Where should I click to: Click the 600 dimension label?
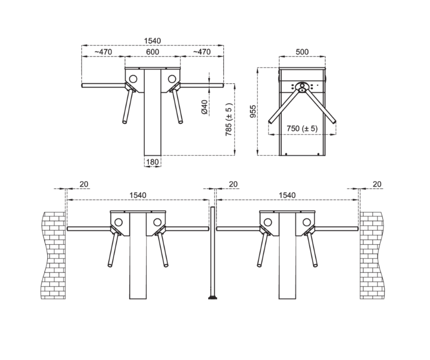(x=152, y=52)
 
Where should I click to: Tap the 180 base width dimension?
(x=152, y=162)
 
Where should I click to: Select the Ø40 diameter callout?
(x=204, y=107)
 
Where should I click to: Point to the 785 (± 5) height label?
(x=229, y=119)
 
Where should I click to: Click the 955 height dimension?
(x=253, y=111)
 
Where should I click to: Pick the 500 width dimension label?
(x=302, y=52)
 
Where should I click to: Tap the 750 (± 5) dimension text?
(x=302, y=128)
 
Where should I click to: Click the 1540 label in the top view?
(x=152, y=41)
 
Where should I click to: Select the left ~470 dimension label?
(x=103, y=52)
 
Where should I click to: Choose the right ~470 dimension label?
(x=202, y=52)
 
